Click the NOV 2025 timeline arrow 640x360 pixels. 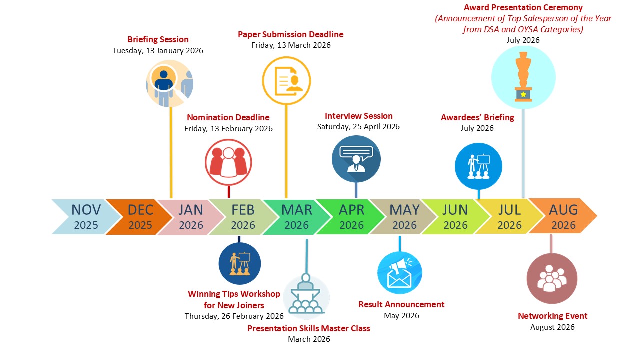(85, 216)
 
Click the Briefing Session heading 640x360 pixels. (158, 39)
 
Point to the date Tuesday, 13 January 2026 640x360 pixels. (158, 51)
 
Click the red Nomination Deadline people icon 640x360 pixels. (228, 162)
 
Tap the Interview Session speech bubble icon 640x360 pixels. (356, 159)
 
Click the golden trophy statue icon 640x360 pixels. (523, 77)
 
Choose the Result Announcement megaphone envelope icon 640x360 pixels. (399, 273)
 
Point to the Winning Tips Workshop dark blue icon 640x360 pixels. (240, 263)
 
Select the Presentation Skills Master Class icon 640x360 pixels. (306, 297)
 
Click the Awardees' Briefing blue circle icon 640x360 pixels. (478, 166)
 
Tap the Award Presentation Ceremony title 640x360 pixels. (523, 8)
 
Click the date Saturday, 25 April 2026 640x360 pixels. (358, 127)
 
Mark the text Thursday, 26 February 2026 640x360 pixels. (234, 316)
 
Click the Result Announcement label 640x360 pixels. (401, 304)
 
